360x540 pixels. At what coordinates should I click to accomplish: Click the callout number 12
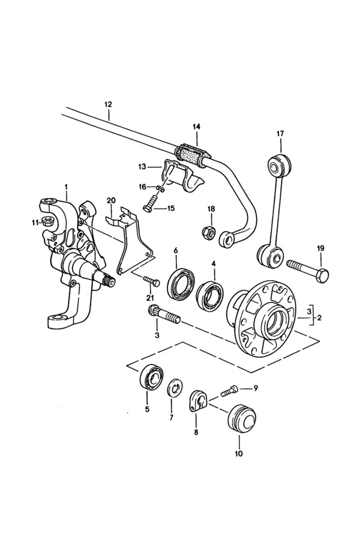[108, 104]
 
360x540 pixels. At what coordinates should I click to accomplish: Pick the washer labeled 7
[175, 389]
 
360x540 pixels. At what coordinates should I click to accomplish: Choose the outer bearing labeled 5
[152, 377]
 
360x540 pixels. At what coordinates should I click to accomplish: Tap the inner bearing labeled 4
[210, 292]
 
